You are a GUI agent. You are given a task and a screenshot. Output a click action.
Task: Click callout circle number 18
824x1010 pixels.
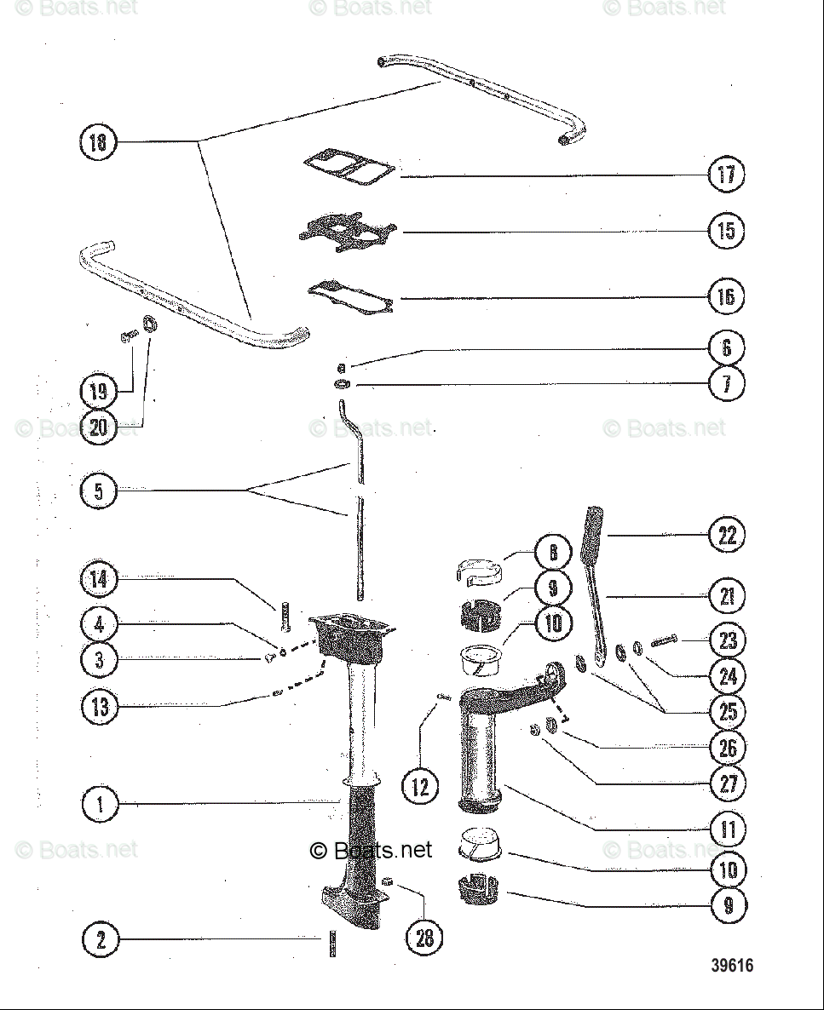(x=98, y=141)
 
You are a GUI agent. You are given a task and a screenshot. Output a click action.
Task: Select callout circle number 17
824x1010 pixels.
(x=726, y=175)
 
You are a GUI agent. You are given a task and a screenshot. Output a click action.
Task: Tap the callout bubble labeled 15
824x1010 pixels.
(x=726, y=231)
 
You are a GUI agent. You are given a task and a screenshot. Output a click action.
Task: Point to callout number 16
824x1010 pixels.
(x=726, y=296)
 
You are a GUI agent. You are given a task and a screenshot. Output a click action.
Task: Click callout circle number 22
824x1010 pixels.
(x=727, y=536)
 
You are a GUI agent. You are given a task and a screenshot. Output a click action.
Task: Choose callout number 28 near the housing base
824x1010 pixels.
(x=424, y=938)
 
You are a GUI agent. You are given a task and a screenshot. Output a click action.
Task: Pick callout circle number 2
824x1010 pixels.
(x=101, y=939)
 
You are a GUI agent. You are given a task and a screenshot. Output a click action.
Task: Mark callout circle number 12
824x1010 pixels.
(x=421, y=786)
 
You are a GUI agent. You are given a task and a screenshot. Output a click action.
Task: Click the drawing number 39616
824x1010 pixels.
(x=732, y=966)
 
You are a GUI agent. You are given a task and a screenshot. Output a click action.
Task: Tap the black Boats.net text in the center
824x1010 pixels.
(x=372, y=850)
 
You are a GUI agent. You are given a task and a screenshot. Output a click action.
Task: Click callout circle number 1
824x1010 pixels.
(x=101, y=804)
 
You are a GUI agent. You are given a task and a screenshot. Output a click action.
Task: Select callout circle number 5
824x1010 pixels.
(x=99, y=491)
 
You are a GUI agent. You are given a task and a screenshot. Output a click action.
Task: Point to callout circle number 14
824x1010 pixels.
(x=99, y=580)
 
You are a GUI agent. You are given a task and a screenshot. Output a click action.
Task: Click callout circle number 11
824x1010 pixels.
(x=728, y=829)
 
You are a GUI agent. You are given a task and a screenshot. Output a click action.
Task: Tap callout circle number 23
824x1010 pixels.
(x=728, y=640)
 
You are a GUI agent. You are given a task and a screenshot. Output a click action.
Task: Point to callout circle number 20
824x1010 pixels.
(x=99, y=426)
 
